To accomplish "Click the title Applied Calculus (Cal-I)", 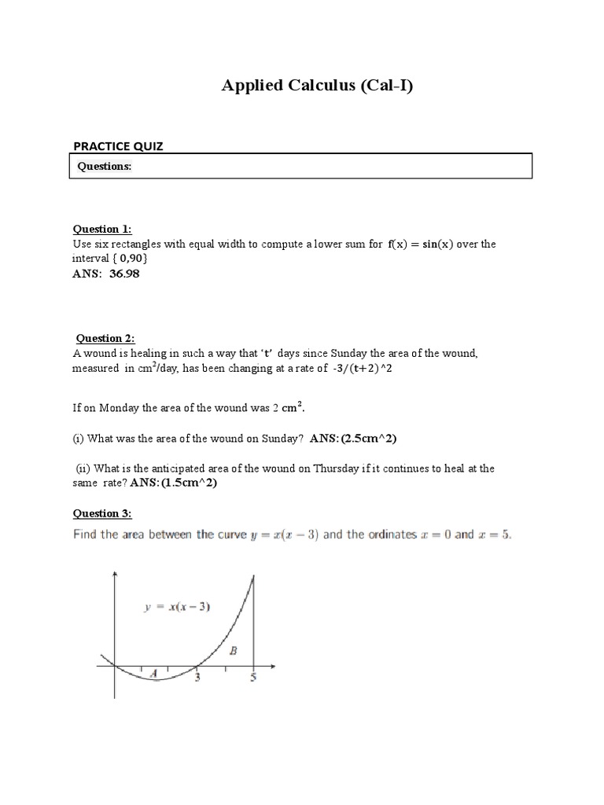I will [x=317, y=86].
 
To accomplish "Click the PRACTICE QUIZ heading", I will [x=118, y=145].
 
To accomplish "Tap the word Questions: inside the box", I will [x=104, y=167].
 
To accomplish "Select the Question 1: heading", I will [x=102, y=229].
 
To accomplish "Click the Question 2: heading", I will [x=105, y=338].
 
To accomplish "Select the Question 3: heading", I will [x=102, y=513].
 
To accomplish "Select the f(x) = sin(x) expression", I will [x=422, y=244].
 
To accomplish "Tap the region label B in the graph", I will [x=233, y=650].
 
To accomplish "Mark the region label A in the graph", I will [x=153, y=672].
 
